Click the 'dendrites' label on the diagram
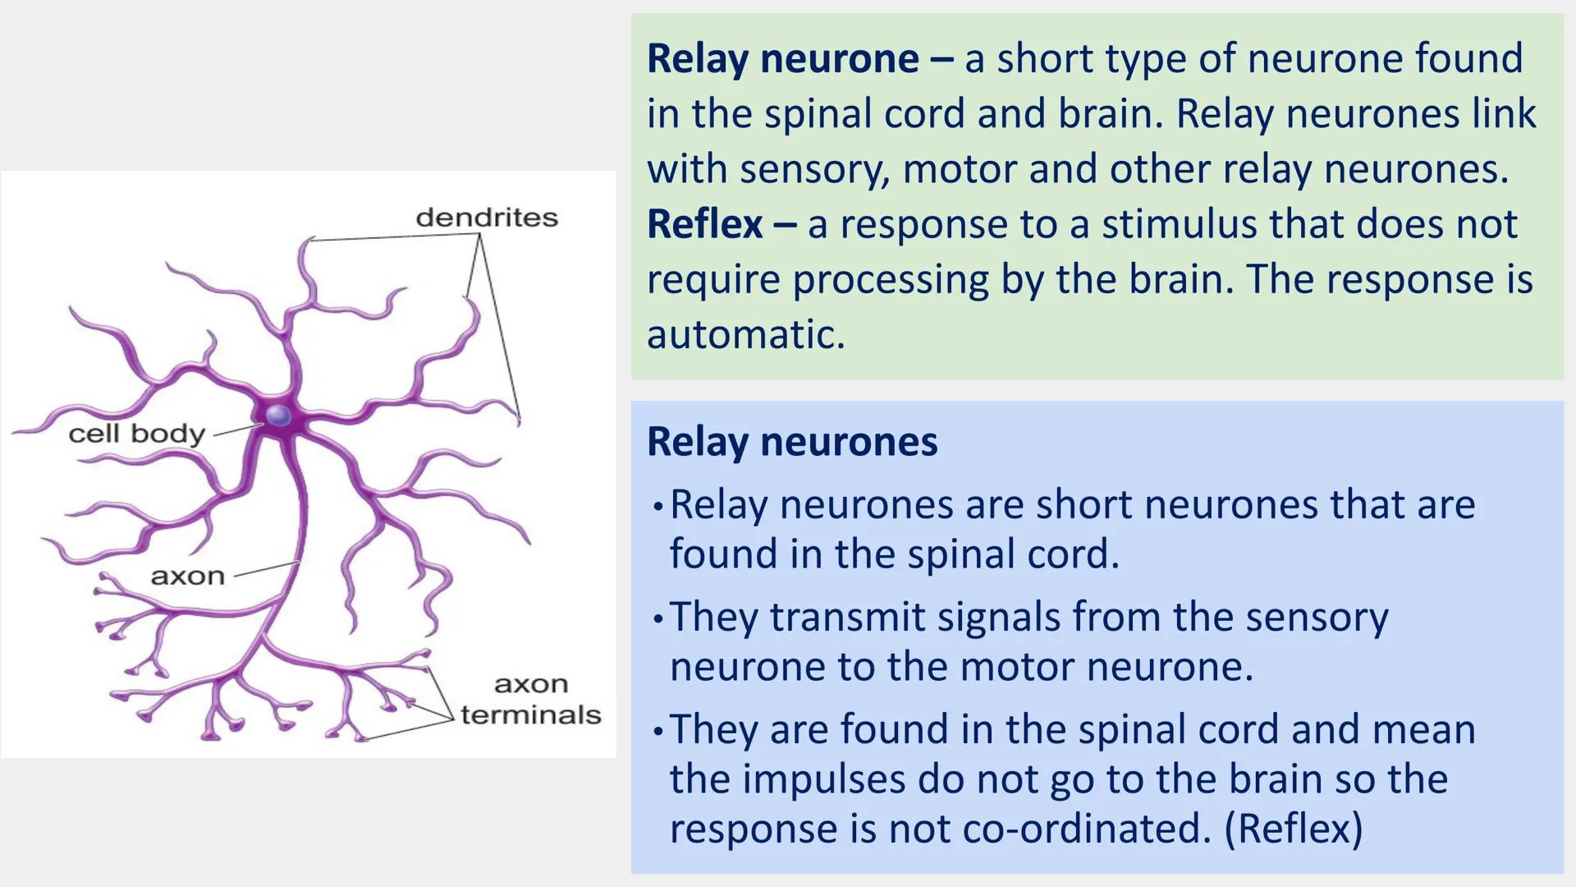pyautogui.click(x=487, y=218)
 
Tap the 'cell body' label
pyautogui.click(x=136, y=434)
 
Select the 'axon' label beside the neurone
pyautogui.click(x=187, y=577)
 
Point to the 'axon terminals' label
pyautogui.click(x=531, y=700)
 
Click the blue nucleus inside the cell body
pyautogui.click(x=279, y=416)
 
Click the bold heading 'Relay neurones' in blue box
pyautogui.click(x=791, y=442)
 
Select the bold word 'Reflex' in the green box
pyautogui.click(x=704, y=224)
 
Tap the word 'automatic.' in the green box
pyautogui.click(x=745, y=335)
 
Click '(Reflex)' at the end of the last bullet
pyautogui.click(x=1294, y=828)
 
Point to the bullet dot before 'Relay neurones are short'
pyautogui.click(x=657, y=507)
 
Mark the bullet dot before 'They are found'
pyautogui.click(x=657, y=731)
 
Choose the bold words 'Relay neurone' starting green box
pyautogui.click(x=782, y=58)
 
